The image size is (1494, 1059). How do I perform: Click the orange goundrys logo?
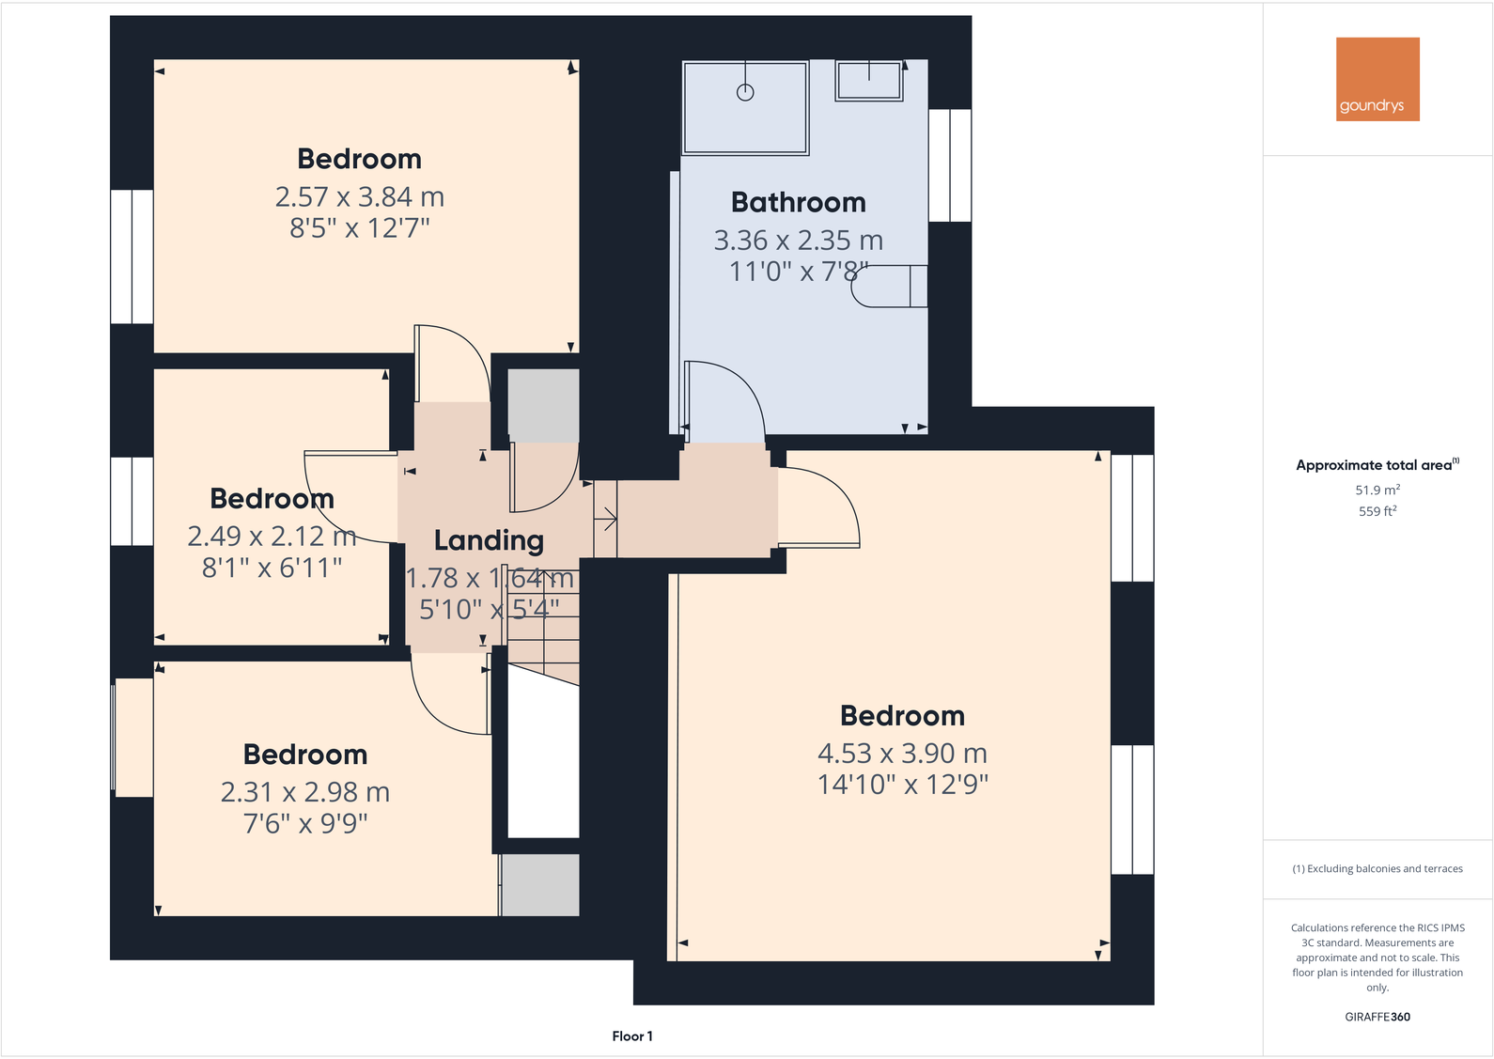[x=1377, y=79]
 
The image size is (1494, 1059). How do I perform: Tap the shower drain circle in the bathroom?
[x=745, y=92]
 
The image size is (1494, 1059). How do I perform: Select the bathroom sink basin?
[x=869, y=80]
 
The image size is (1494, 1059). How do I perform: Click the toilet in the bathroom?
[x=889, y=287]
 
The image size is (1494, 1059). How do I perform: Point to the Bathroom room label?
[x=799, y=202]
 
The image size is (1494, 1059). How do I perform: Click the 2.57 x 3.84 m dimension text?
[x=360, y=197]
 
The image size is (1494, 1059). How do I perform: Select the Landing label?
[x=489, y=540]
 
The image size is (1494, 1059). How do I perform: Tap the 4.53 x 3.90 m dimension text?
[x=902, y=754]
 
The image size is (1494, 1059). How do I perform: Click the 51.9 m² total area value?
[x=1377, y=490]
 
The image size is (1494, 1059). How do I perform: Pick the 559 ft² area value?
[x=1377, y=511]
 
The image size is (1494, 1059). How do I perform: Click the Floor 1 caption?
[x=632, y=1036]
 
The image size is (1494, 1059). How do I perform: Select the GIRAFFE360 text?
[x=1377, y=1017]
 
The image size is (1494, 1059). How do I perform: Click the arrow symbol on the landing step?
[x=606, y=519]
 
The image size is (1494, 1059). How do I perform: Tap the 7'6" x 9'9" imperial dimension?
[x=305, y=824]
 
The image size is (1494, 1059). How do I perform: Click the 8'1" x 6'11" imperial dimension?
[x=272, y=568]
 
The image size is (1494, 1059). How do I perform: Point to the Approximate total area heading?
[x=1377, y=465]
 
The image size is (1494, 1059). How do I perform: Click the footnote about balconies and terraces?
[x=1377, y=869]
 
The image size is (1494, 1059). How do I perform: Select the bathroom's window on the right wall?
[x=950, y=165]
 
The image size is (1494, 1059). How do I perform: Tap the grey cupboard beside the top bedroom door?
[x=543, y=406]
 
